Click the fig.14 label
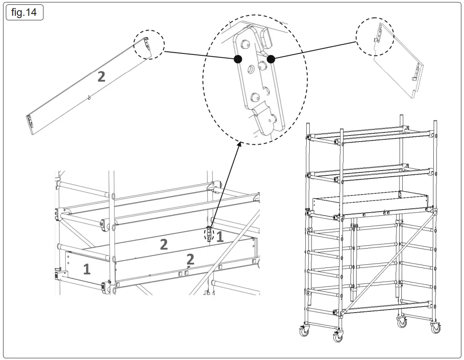[x=25, y=12]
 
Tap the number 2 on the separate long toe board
[x=101, y=77]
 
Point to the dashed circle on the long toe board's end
[x=149, y=44]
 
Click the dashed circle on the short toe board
[x=375, y=37]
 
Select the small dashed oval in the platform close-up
[x=209, y=234]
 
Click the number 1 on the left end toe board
[x=87, y=269]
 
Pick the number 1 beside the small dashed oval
[x=220, y=237]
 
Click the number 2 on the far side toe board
[x=163, y=244]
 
